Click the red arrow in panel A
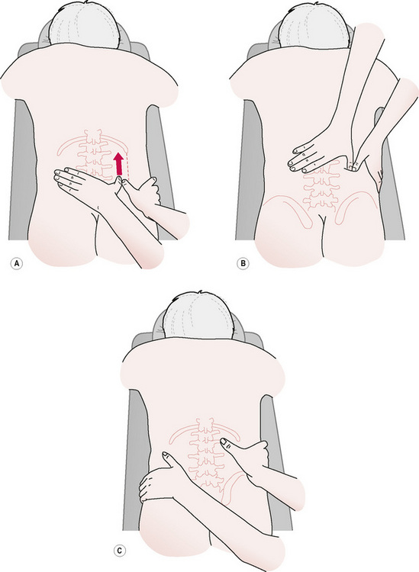pyautogui.click(x=118, y=165)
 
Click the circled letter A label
pyautogui.click(x=17, y=263)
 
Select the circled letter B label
pyautogui.click(x=243, y=263)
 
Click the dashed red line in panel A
pyautogui.click(x=127, y=167)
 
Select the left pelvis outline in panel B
pyautogui.click(x=288, y=210)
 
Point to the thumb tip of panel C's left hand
pyautogui.click(x=165, y=455)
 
